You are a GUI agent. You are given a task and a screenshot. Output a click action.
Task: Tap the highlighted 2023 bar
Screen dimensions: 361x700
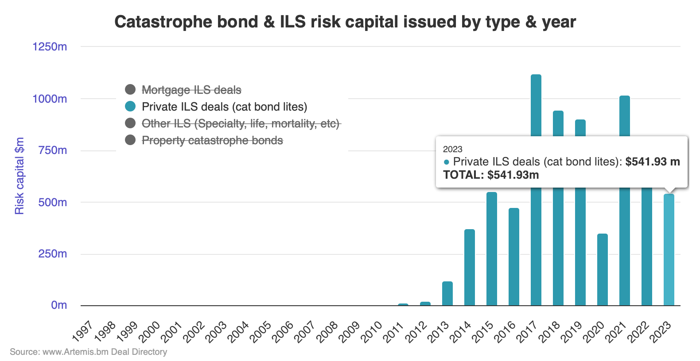pos(669,250)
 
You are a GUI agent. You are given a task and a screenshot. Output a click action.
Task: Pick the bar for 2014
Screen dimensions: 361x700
pos(469,268)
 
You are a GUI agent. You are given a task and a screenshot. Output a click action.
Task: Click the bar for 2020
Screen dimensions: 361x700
pos(602,270)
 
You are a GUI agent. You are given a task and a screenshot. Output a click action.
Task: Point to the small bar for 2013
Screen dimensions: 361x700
pos(447,294)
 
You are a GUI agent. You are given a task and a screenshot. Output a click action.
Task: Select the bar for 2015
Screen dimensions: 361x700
pos(491,249)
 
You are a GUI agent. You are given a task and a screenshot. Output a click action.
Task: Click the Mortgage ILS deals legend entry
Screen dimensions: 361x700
pos(191,90)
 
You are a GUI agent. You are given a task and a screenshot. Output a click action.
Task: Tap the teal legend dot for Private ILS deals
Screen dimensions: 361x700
pos(130,107)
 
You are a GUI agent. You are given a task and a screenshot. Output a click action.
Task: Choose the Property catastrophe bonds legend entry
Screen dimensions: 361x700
pos(212,140)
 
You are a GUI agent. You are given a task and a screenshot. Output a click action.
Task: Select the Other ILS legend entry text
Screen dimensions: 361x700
pos(240,123)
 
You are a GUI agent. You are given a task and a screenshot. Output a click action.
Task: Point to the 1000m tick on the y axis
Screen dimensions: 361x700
pos(50,99)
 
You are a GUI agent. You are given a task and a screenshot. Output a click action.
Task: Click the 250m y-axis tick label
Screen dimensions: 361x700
pos(52,254)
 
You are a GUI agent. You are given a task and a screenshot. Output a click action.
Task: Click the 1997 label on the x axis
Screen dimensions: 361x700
pos(83,332)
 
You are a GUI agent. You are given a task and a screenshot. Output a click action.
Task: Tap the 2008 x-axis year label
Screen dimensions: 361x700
pos(327,332)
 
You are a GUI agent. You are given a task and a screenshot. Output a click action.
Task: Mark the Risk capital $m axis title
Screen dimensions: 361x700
pos(19,176)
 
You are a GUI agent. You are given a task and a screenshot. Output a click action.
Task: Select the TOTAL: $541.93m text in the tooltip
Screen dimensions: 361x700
pos(491,175)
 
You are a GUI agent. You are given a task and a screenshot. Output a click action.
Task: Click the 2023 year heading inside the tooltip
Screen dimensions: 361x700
pos(452,149)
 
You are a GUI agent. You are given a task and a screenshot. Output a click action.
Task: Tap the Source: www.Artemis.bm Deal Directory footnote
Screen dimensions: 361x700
pos(89,352)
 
